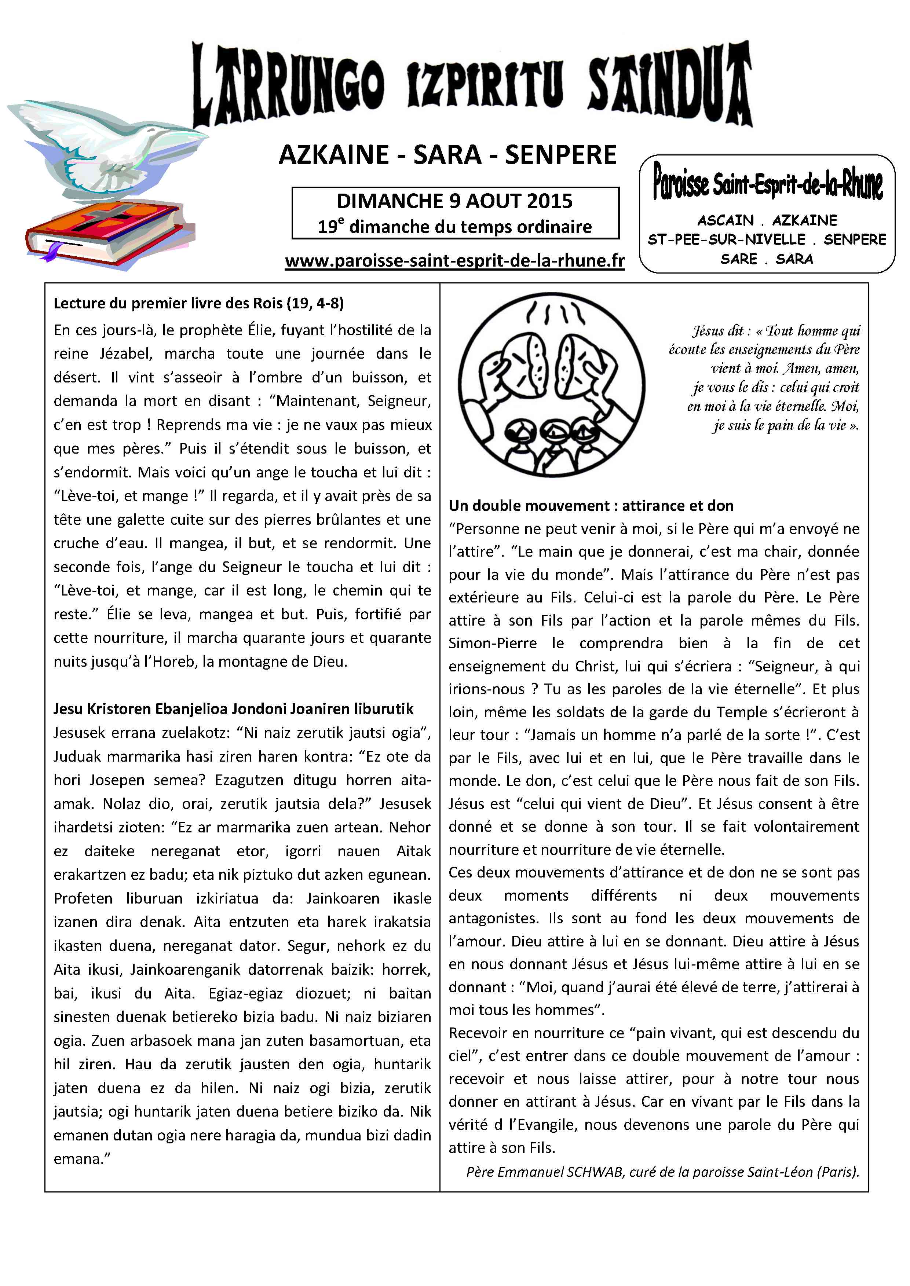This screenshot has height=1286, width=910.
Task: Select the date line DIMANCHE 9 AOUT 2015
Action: click(x=454, y=201)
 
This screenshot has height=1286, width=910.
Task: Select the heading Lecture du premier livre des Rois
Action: click(x=198, y=304)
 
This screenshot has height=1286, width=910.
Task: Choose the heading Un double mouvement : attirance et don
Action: click(x=591, y=506)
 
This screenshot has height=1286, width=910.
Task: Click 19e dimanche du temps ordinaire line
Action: click(x=454, y=227)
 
